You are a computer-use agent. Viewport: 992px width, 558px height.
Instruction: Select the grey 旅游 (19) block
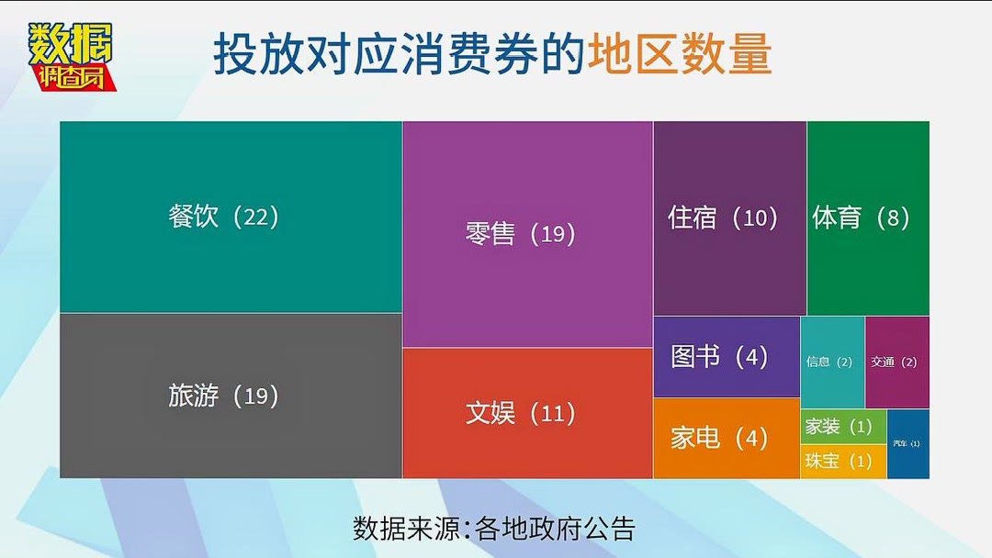point(230,431)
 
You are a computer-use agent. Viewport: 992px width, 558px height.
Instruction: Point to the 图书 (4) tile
point(726,357)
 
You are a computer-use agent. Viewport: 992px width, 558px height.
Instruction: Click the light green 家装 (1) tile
point(842,427)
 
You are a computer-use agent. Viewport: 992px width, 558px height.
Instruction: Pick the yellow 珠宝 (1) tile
point(842,461)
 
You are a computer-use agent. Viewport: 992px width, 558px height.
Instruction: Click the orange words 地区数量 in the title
point(680,55)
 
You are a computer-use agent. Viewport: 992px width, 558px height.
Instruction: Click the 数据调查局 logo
point(73,56)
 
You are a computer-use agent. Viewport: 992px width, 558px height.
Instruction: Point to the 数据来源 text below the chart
point(407,529)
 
